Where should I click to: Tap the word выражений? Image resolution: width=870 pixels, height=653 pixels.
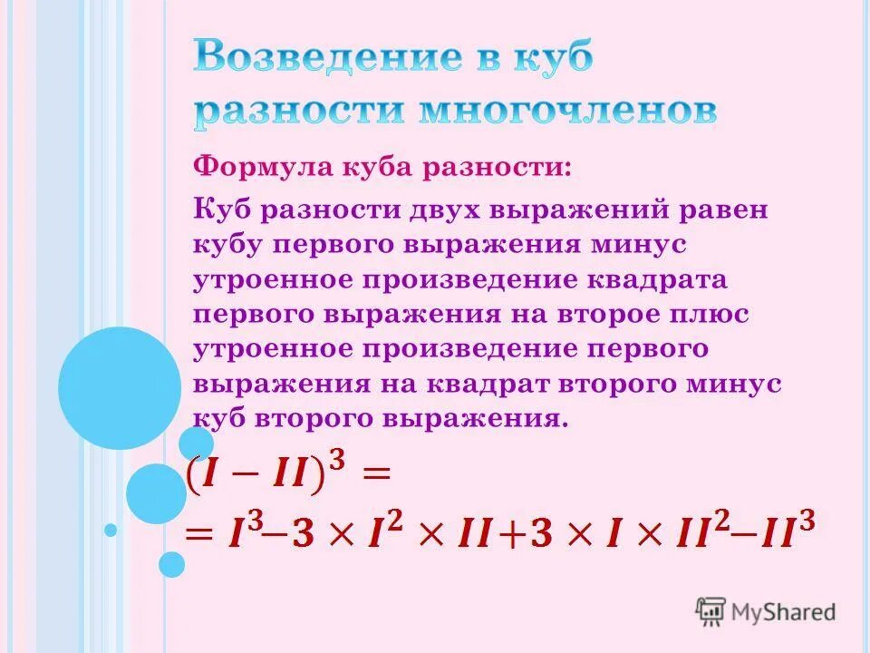pyautogui.click(x=575, y=210)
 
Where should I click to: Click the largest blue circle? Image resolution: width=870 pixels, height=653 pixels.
pyautogui.click(x=120, y=388)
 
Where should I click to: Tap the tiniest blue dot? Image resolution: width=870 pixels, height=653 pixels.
pyautogui.click(x=111, y=530)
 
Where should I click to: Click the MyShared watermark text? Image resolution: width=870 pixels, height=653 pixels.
pyautogui.click(x=781, y=612)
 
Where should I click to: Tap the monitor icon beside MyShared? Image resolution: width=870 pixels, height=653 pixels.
pyautogui.click(x=710, y=612)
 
